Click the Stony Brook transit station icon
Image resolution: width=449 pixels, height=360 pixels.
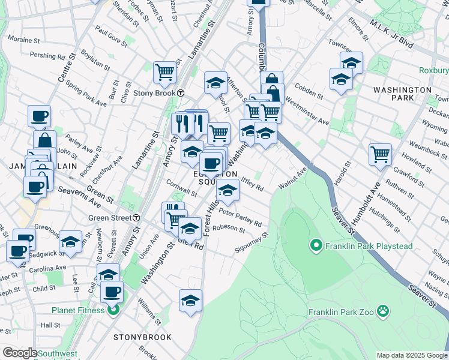click(180, 93)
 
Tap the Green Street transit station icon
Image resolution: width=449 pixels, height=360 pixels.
click(137, 217)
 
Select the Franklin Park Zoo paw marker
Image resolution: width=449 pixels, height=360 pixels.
click(383, 311)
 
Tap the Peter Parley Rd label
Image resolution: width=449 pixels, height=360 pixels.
click(241, 217)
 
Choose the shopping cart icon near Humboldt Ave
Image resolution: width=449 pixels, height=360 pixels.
click(380, 154)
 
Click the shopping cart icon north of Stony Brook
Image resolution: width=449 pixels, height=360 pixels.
click(164, 72)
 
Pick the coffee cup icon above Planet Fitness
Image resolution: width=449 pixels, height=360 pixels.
click(112, 292)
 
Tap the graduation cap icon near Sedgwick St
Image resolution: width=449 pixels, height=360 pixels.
click(71, 242)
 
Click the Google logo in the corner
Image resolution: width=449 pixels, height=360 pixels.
click(20, 353)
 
